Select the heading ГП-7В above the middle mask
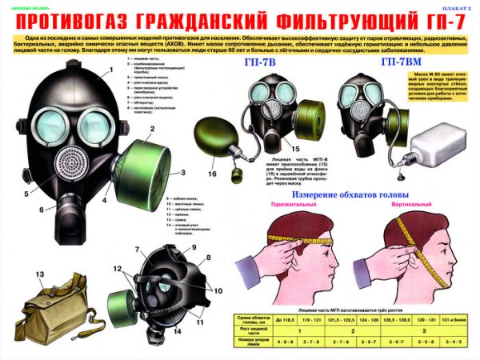tap(266, 63)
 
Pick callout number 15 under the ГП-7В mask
tap(296, 149)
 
